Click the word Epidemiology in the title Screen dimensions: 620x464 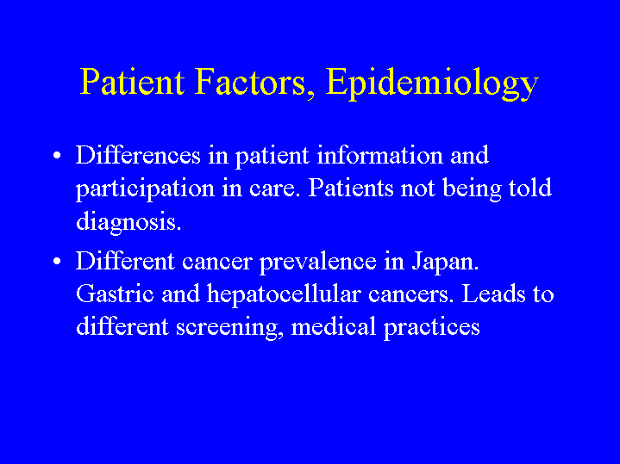(432, 84)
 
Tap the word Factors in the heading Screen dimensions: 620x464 (251, 82)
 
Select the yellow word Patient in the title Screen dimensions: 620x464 (132, 82)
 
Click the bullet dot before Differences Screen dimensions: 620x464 (57, 155)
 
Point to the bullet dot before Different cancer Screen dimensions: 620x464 (57, 262)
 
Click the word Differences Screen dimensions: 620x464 (138, 155)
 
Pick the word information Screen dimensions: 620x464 (380, 155)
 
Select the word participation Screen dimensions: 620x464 (145, 189)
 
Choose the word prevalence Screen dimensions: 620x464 (318, 263)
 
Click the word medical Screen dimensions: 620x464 (334, 326)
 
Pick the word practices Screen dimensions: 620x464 (432, 328)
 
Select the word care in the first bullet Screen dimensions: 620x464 (272, 189)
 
